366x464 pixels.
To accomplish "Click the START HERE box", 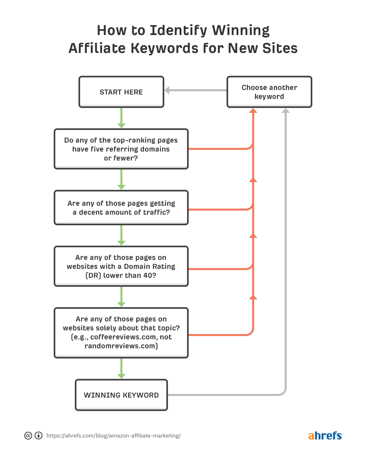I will (121, 92).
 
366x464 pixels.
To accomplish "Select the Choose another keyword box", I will (269, 92).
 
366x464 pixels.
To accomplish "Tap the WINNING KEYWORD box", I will (121, 395).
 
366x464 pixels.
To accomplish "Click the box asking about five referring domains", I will (121, 149).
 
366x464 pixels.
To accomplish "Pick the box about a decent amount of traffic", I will (121, 207).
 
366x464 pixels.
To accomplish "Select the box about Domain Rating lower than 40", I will (121, 266).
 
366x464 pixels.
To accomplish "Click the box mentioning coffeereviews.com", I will (121, 333).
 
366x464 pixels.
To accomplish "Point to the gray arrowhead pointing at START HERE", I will (167, 90).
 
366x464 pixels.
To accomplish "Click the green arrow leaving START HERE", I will (121, 118).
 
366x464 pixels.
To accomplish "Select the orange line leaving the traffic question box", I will (220, 209).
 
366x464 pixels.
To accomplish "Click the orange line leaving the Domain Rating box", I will (220, 269).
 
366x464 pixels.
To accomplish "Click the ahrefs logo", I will (325, 435).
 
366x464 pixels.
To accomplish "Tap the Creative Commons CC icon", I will (28, 435).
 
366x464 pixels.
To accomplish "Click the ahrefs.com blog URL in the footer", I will (113, 435).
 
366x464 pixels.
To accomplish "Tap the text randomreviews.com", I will (121, 346).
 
